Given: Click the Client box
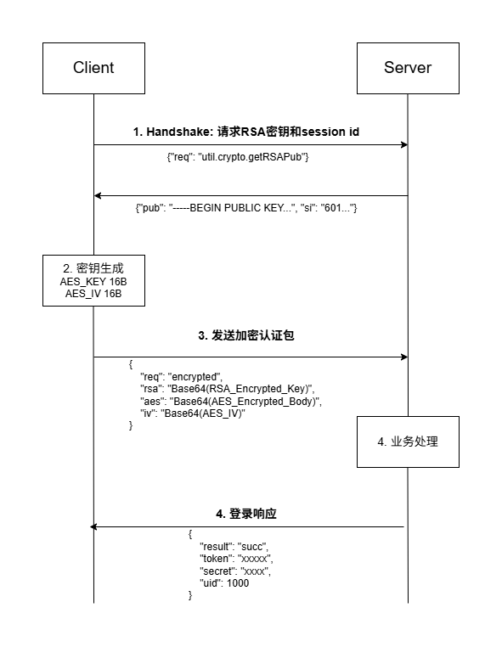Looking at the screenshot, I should [x=93, y=68].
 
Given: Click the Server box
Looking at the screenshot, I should [x=408, y=68].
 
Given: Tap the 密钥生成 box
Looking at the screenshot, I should [x=93, y=279].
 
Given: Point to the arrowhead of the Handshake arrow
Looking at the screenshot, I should [x=404, y=145].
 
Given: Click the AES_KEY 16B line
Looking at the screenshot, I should [x=93, y=281].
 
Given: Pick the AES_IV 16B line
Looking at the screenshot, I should [x=93, y=294].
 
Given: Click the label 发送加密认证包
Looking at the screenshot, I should [x=246, y=335].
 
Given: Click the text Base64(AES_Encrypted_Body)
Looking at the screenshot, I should [x=245, y=401].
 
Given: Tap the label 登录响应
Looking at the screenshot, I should [x=246, y=514].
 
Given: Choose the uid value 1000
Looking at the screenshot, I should [x=238, y=583].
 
